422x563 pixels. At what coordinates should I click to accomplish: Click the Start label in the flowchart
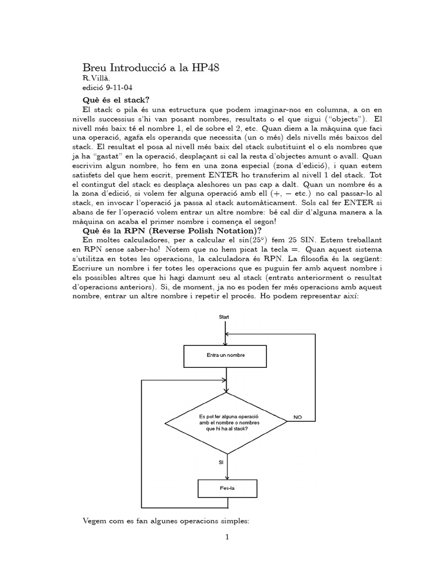224,317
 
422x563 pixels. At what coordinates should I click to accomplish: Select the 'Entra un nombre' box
225,355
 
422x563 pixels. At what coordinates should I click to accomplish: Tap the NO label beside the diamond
298,417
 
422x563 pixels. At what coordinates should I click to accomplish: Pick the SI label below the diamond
221,462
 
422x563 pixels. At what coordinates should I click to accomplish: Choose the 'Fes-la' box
225,488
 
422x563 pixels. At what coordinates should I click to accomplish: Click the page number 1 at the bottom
226,537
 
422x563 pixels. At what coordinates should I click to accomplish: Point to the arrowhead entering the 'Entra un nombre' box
226,342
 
